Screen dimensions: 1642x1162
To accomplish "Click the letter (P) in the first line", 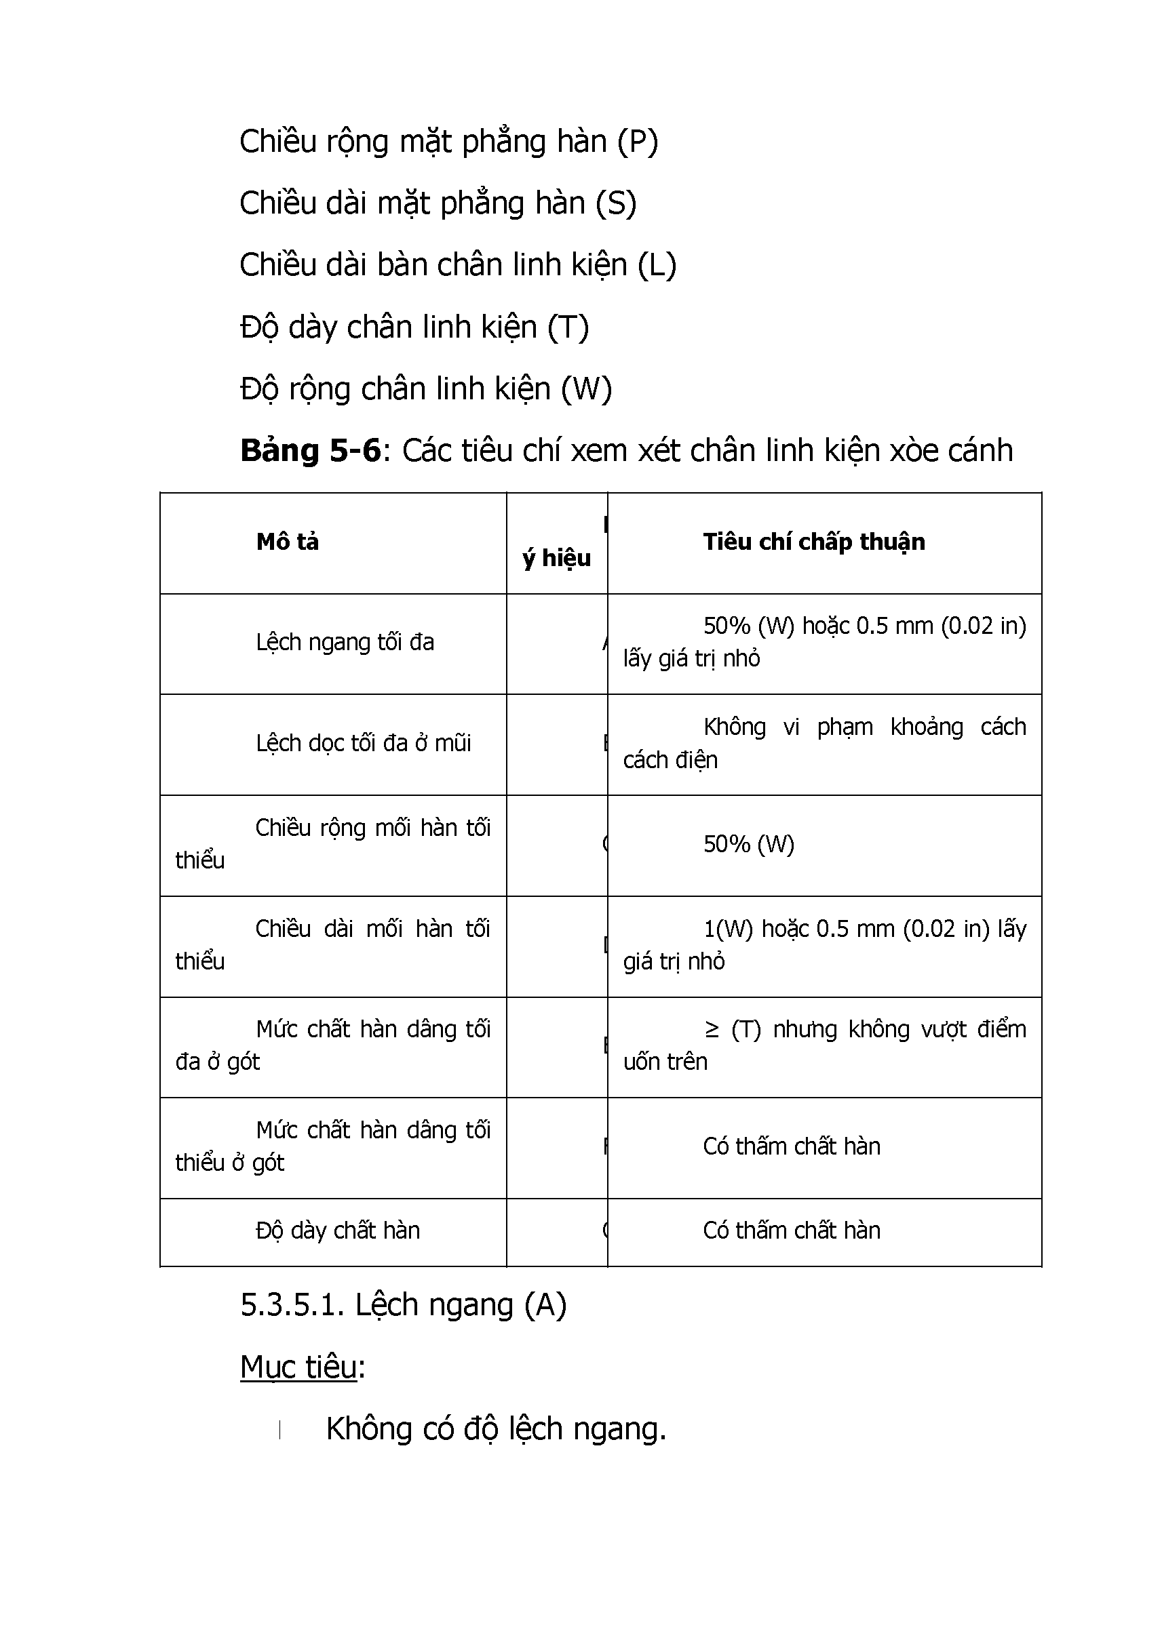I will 637,142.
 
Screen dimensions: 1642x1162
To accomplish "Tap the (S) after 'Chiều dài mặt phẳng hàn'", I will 616,204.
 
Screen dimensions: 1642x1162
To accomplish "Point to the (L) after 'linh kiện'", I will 656,265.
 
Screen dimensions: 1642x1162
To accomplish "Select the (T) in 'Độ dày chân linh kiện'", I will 568,327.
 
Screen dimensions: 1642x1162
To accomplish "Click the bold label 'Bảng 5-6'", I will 311,452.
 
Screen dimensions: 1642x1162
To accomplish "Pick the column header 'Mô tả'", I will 288,542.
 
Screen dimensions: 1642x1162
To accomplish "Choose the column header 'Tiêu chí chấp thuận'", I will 813,542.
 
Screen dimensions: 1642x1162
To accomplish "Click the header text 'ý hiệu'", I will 557,558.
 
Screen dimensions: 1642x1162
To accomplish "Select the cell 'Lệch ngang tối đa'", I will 345,642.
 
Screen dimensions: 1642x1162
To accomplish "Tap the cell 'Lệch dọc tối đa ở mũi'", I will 364,744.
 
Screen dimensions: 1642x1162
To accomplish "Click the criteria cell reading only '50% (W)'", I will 748,845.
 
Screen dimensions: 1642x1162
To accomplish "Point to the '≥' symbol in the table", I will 712,1029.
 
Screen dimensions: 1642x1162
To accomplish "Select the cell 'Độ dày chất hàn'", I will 338,1230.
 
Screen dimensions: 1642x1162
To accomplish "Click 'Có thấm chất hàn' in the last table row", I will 792,1230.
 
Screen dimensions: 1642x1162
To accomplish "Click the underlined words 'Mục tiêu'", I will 298,1367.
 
